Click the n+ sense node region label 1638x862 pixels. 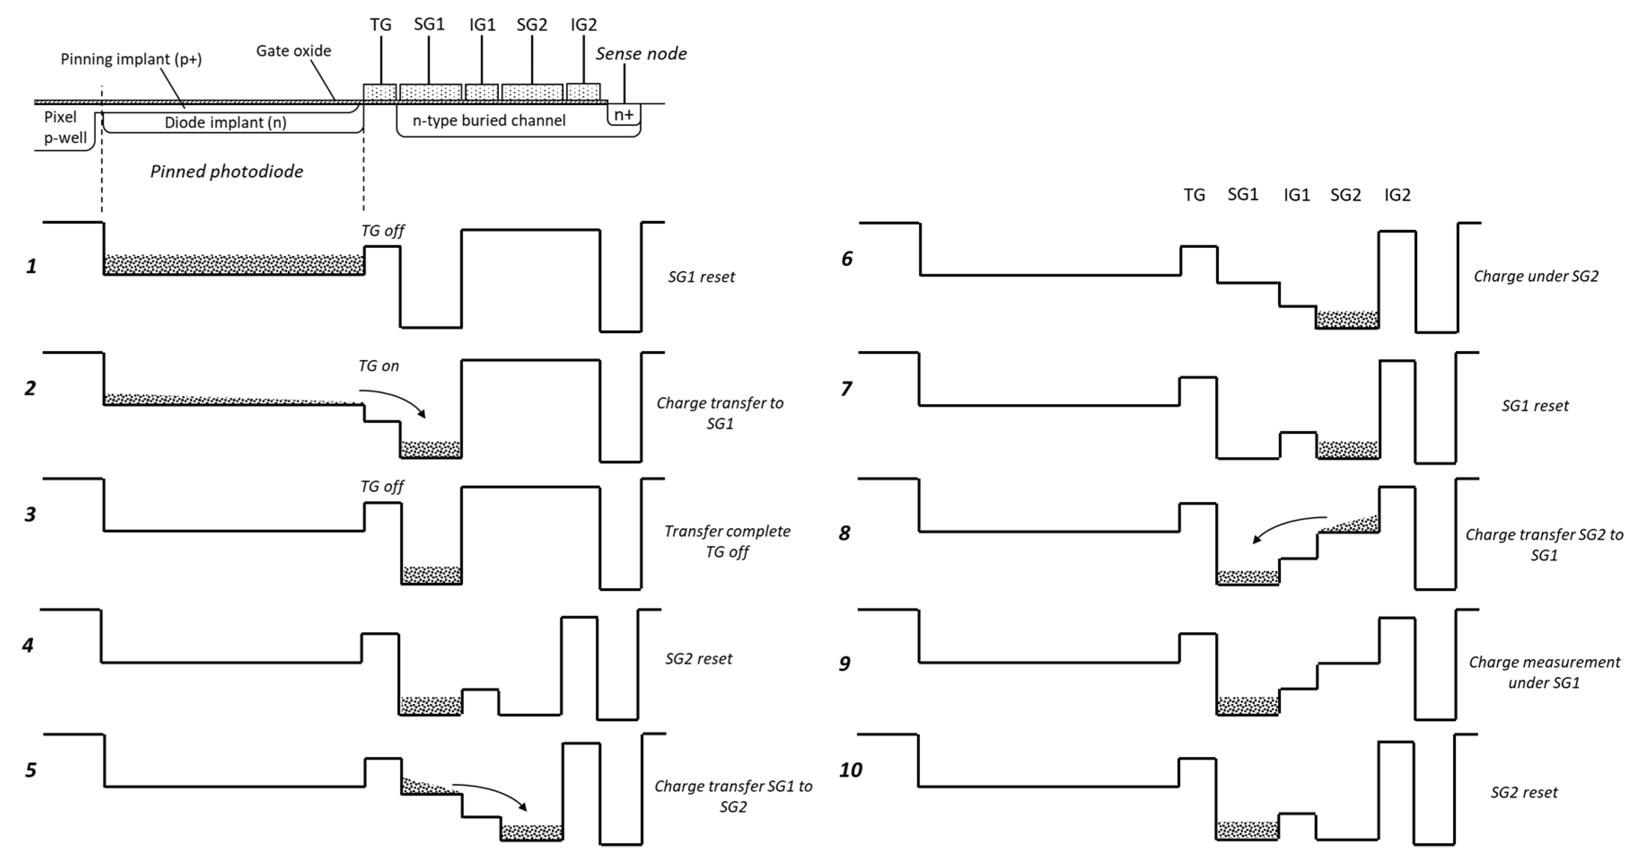[623, 115]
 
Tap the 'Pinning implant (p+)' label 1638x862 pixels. [131, 59]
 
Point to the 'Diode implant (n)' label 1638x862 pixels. [225, 122]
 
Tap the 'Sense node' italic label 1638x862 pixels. [640, 54]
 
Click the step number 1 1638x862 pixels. [31, 266]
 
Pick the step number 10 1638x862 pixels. [850, 770]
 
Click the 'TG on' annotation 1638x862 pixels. [378, 366]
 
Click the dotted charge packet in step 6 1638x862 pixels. [1347, 319]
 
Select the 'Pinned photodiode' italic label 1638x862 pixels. [226, 171]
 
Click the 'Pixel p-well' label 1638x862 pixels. [64, 127]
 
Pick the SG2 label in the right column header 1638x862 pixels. [1345, 195]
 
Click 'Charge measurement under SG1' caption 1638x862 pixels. [1544, 673]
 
